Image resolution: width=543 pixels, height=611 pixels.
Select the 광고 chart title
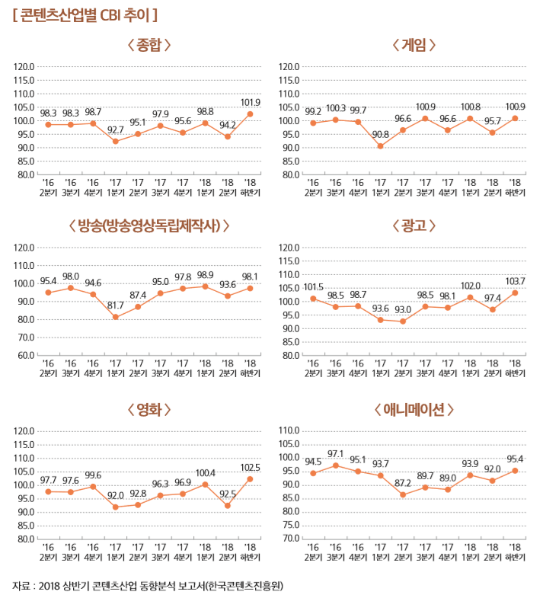[414, 226]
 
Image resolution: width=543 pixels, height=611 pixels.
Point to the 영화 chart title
[149, 410]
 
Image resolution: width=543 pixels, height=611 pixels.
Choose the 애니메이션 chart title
[414, 410]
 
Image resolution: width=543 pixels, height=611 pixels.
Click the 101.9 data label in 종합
[251, 102]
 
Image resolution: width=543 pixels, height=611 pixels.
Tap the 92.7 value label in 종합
[116, 130]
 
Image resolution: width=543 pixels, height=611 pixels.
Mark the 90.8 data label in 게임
[380, 134]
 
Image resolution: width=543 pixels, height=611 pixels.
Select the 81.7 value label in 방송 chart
[116, 305]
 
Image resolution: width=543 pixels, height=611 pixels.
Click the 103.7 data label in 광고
[516, 282]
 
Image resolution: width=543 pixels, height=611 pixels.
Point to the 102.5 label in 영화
[251, 468]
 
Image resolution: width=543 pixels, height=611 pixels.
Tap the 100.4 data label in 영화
[206, 473]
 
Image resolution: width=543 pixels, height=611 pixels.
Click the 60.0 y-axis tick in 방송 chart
[25, 355]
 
